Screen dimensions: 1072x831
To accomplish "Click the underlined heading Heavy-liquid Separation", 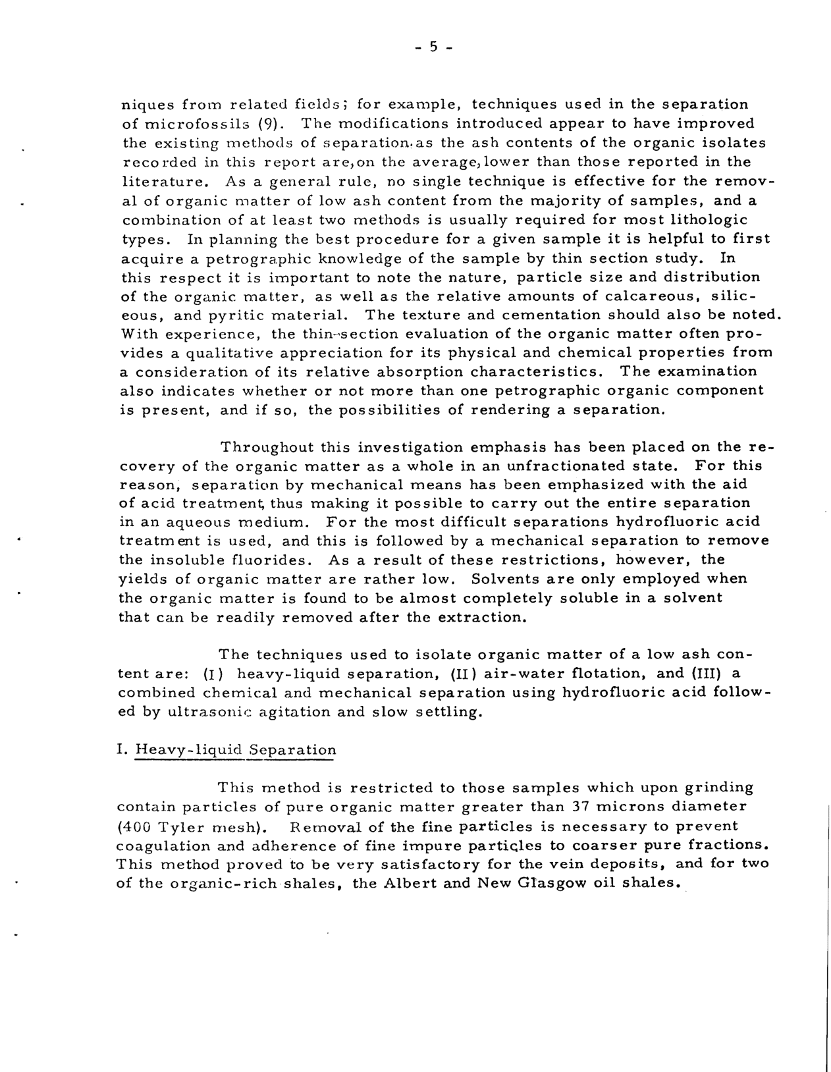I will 235,750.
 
